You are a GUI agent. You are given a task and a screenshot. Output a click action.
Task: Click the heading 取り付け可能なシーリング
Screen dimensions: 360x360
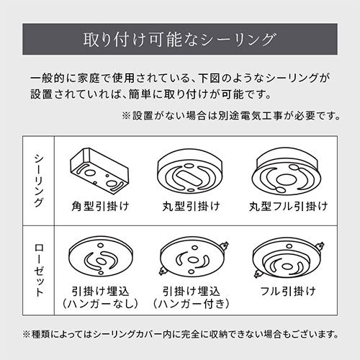coord(179,40)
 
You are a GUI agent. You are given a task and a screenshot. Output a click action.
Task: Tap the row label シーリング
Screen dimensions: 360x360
coord(39,181)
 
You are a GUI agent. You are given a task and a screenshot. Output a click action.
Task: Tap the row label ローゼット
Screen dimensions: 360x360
coord(39,271)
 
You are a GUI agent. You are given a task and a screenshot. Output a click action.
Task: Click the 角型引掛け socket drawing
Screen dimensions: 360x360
coord(99,170)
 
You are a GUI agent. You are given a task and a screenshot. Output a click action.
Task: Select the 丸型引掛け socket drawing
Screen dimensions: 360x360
coord(190,171)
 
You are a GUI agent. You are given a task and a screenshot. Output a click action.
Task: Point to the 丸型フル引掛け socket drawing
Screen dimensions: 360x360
coord(287,171)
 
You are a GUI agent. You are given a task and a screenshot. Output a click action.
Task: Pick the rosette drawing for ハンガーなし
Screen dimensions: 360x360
coord(101,256)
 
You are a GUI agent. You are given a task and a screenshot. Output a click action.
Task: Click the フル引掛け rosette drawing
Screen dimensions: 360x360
coord(288,258)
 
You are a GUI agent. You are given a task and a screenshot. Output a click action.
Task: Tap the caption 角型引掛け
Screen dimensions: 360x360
coord(100,207)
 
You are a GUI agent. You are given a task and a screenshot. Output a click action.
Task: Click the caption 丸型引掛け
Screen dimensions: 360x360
coord(191,207)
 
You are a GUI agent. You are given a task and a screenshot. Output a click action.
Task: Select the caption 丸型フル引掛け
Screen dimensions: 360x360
coord(288,207)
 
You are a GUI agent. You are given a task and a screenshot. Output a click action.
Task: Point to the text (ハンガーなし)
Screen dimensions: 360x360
coord(100,304)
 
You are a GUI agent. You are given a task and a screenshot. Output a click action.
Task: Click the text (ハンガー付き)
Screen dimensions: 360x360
coord(191,304)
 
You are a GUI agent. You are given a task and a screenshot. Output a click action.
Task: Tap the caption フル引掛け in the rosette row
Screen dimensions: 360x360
coord(288,292)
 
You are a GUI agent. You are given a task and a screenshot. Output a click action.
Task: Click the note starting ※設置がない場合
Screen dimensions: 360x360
coord(231,116)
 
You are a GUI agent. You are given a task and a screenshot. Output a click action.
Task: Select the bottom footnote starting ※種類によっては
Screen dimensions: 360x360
coord(180,334)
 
